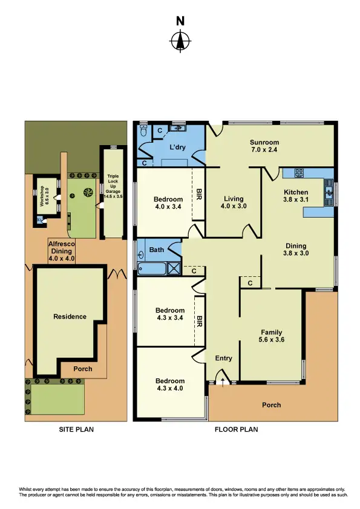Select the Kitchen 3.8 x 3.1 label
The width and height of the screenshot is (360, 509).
point(296,196)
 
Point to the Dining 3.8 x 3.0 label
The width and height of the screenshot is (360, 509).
point(296,250)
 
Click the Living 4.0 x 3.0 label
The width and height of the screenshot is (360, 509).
point(233,203)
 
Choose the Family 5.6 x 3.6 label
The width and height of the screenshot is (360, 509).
point(272,336)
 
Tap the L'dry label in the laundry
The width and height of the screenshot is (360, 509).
point(177,148)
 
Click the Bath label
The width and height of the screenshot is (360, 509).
point(157,249)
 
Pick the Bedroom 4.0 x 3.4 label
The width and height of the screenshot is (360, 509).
point(168,204)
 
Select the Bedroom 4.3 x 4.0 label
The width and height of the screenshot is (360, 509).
point(169,384)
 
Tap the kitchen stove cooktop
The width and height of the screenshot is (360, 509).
point(298,172)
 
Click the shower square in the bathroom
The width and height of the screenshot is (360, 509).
point(174,267)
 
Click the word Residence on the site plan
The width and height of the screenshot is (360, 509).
point(70,316)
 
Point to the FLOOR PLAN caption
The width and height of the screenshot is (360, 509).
point(236,430)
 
